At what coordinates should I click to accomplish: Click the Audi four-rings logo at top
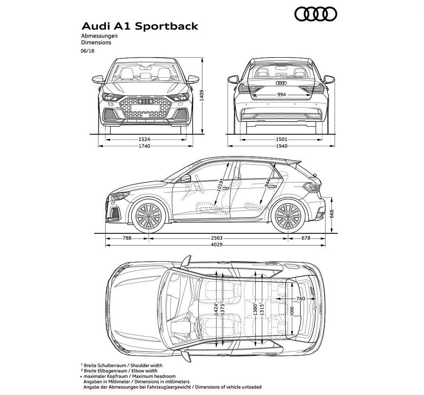pos(316,14)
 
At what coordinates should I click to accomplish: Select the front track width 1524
pos(144,139)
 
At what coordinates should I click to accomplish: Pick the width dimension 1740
pos(144,146)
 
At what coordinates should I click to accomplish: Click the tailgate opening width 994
pos(282,95)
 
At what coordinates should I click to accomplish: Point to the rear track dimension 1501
pos(281,139)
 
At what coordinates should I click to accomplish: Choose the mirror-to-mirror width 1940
pos(281,146)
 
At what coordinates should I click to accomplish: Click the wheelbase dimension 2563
pos(217,238)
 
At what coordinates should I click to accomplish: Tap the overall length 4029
pos(217,245)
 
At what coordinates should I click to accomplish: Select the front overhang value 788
pos(127,238)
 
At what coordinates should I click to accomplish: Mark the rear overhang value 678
pos(306,238)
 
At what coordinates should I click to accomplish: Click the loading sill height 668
pos(332,214)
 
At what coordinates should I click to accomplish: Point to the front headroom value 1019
pos(220,186)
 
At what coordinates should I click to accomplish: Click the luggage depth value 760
pos(301,299)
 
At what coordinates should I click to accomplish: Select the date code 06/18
pos(88,51)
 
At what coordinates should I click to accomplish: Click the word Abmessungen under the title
pos(99,36)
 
